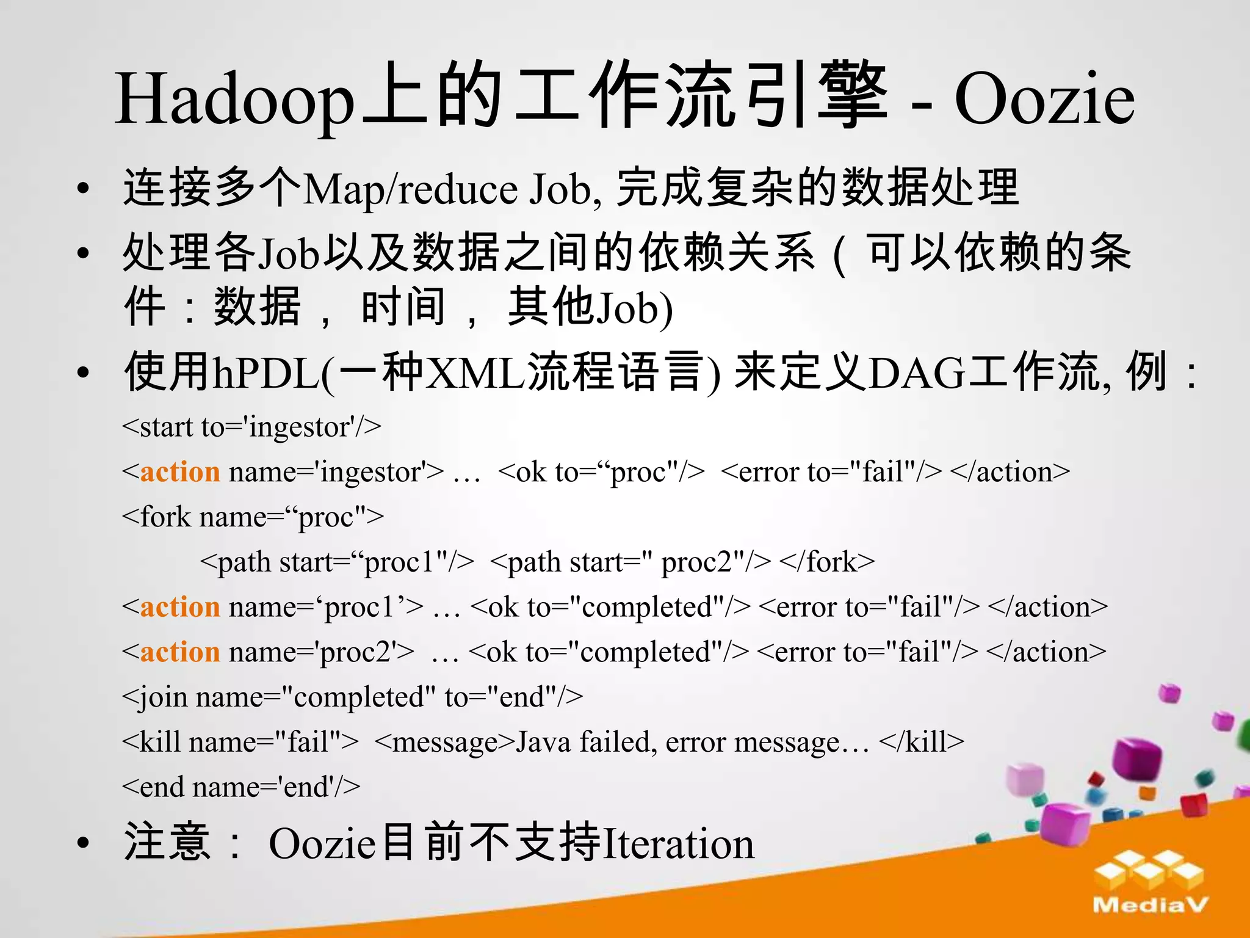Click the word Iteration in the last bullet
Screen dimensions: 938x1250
677,845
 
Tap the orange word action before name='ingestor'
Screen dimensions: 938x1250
180,472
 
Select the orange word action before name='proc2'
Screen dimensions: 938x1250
180,652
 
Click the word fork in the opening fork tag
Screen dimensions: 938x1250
165,517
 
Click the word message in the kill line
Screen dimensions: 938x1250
445,743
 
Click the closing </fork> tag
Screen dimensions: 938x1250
827,562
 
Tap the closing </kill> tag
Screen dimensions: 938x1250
922,743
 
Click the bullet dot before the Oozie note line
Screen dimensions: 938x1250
84,843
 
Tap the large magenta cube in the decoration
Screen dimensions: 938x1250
1136,760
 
